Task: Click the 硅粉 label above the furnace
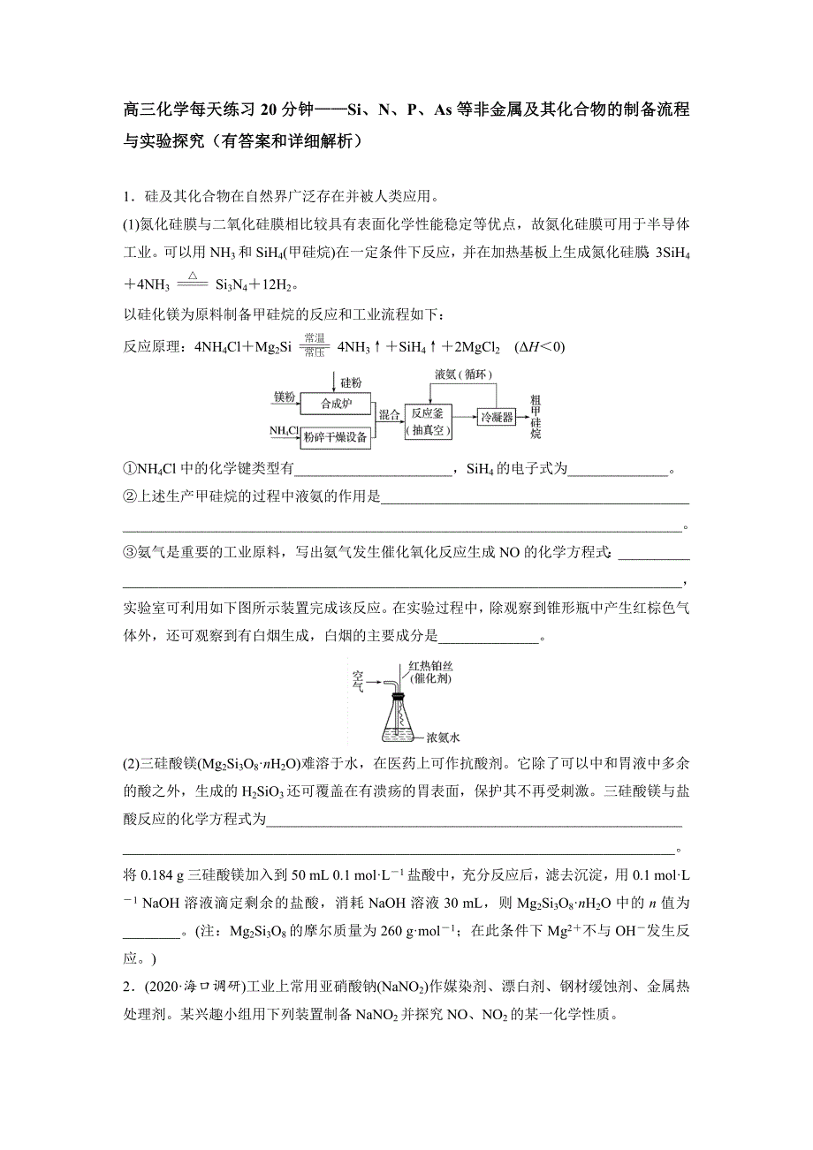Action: coord(351,382)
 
